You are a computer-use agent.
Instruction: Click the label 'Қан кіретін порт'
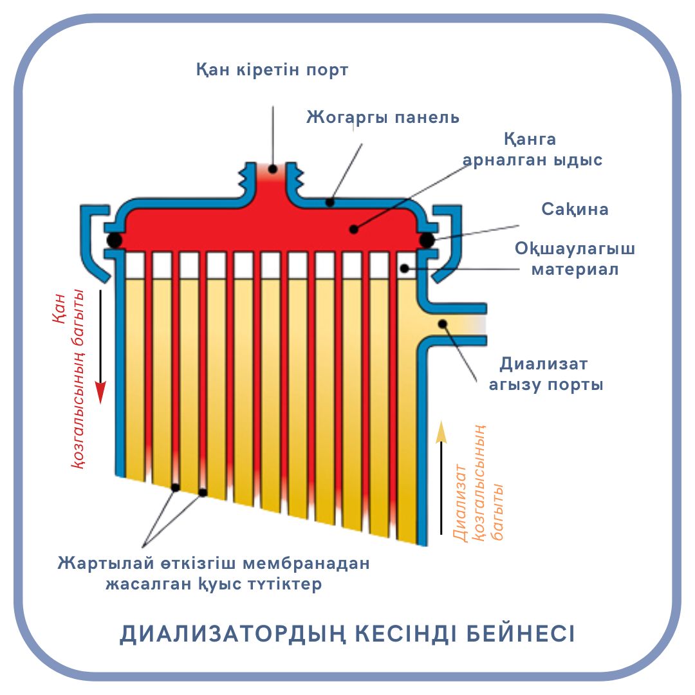point(272,69)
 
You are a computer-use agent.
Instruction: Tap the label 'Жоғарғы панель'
point(382,118)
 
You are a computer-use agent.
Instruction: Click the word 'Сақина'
point(575,210)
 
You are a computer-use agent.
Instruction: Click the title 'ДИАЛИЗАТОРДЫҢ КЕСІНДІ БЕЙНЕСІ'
point(347,633)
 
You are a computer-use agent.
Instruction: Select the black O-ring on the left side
point(114,240)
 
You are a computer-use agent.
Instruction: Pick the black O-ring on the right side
point(426,240)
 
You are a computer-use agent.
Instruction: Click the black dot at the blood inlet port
point(273,169)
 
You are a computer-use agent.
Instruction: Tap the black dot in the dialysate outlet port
point(442,323)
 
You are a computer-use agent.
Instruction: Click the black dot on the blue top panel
point(329,203)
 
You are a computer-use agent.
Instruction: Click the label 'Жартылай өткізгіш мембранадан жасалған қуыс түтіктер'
point(213,574)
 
